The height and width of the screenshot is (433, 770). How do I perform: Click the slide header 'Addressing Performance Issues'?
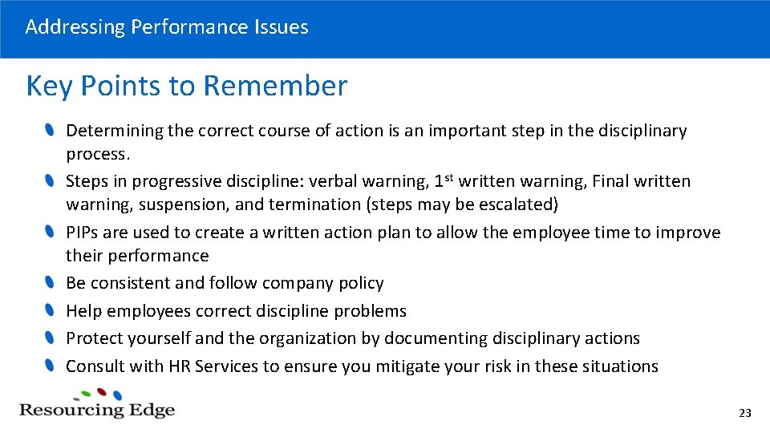click(167, 26)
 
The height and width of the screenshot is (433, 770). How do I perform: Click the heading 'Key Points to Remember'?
click(187, 85)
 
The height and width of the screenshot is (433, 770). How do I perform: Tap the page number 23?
click(744, 413)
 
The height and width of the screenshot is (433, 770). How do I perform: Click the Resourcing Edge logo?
click(97, 404)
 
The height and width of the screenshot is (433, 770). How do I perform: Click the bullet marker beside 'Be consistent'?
click(50, 282)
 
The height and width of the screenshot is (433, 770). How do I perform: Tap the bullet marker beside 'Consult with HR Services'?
click(50, 366)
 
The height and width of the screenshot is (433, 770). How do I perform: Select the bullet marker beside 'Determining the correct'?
click(50, 129)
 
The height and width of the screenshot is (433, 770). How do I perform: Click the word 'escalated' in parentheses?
click(517, 204)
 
